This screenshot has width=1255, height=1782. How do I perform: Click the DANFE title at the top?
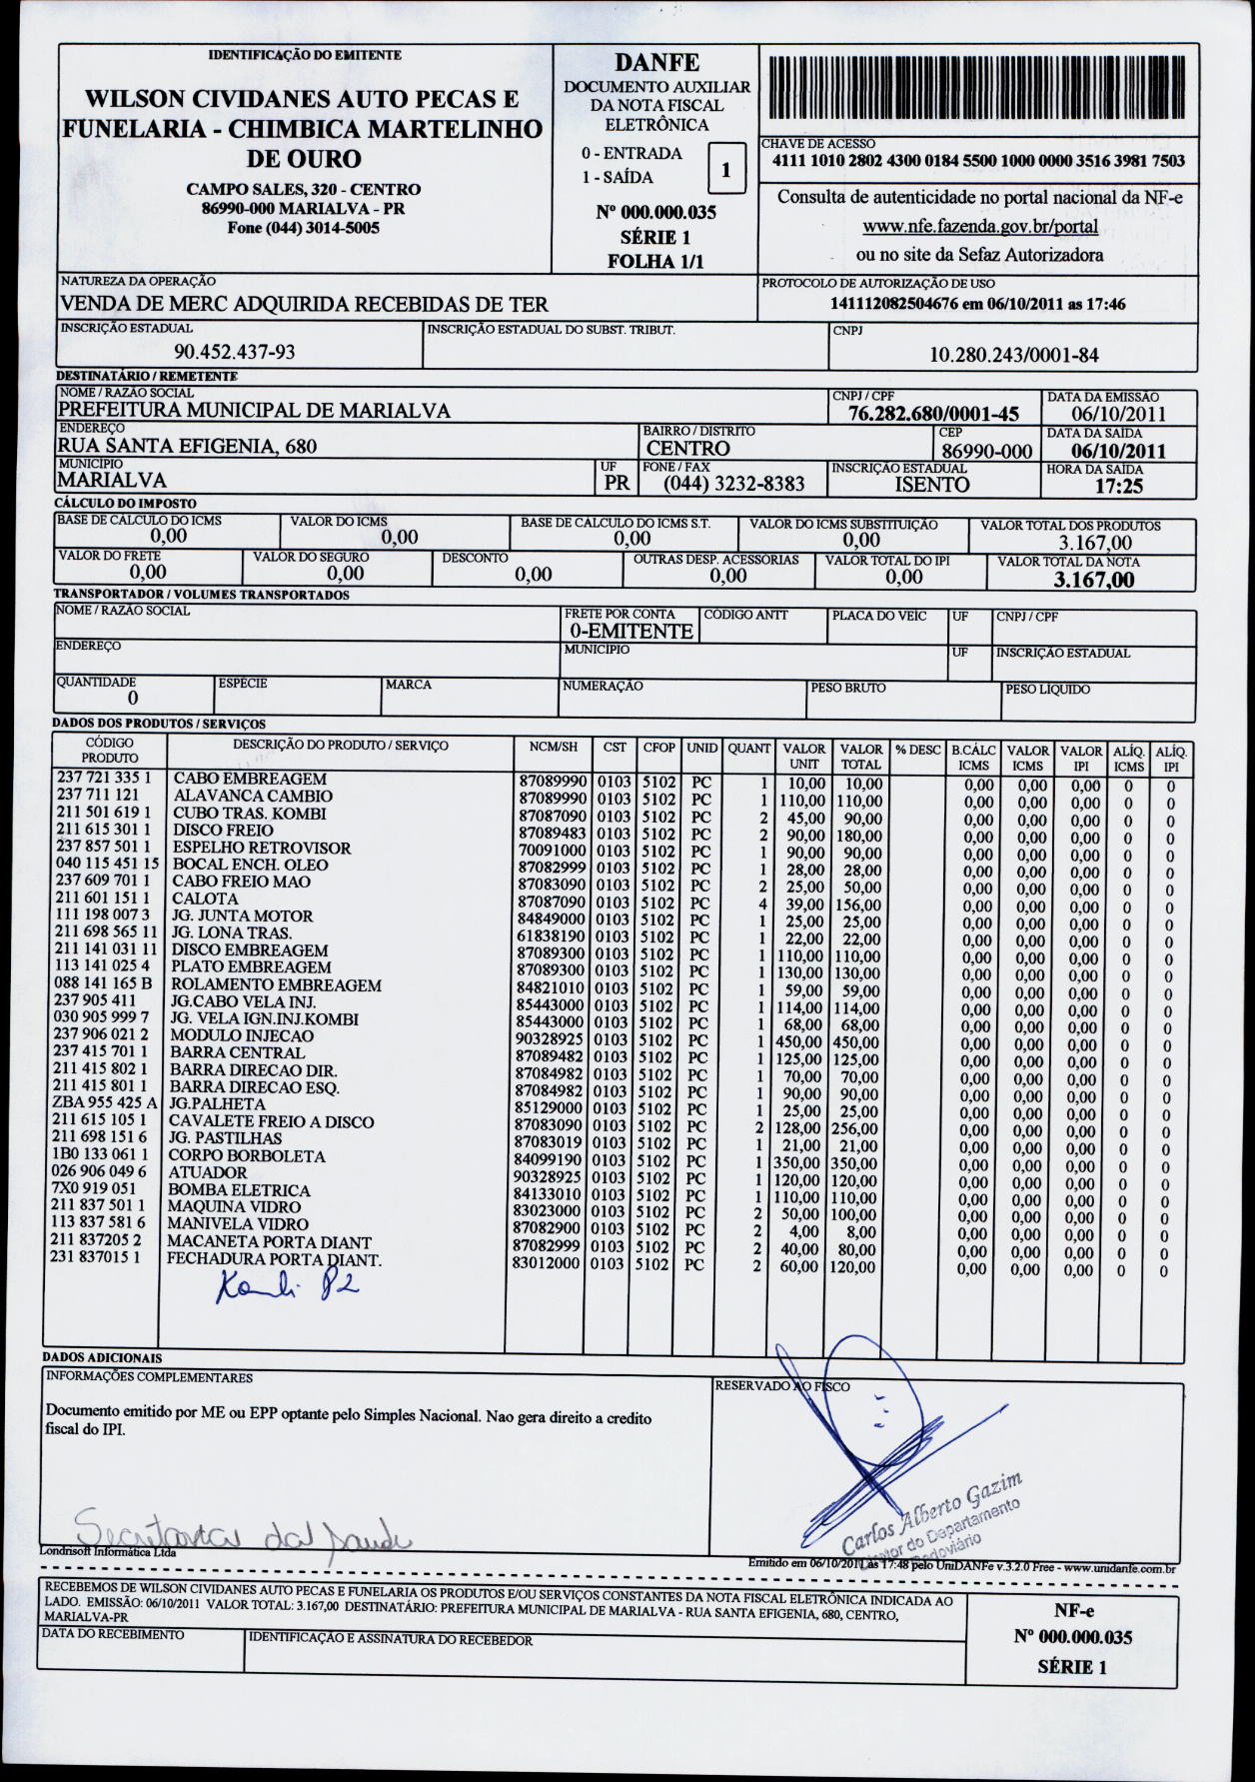click(656, 62)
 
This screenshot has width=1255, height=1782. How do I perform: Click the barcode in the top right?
click(978, 90)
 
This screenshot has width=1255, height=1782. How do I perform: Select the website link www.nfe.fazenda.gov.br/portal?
click(979, 226)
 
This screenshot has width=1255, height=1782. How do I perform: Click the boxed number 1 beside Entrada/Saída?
click(726, 170)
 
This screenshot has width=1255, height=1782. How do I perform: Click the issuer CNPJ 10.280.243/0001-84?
click(1014, 354)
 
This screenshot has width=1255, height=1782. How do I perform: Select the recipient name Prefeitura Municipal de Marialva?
click(255, 410)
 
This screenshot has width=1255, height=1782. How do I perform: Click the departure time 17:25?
click(1119, 487)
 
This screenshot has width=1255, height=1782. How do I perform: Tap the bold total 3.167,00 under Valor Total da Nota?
click(1094, 580)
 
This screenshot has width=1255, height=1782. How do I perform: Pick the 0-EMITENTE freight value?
click(630, 632)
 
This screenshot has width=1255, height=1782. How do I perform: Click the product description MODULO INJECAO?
click(242, 1035)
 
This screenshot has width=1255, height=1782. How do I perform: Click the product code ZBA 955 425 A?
click(104, 1102)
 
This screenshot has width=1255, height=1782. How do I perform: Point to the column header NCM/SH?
click(553, 748)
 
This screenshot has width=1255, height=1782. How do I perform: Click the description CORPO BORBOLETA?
click(247, 1156)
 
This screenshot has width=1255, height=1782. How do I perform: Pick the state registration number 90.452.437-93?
click(235, 352)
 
